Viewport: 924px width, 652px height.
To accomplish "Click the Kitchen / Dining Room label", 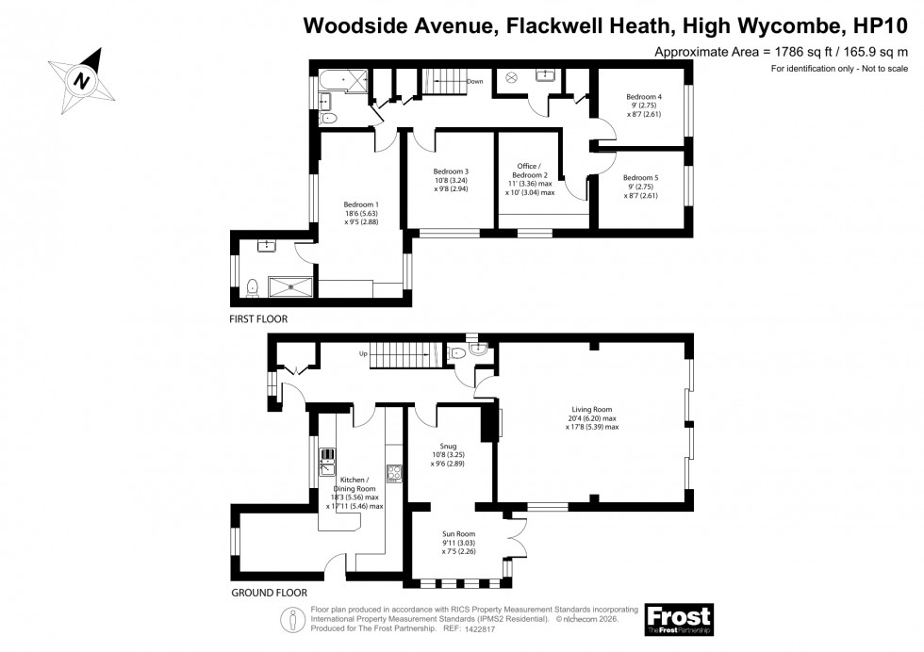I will pyautogui.click(x=355, y=494).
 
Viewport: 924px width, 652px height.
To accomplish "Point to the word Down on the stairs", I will pyautogui.click(x=474, y=82).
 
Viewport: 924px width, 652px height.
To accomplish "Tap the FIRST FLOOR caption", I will pyautogui.click(x=258, y=319).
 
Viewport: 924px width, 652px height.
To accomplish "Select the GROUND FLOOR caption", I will pyautogui.click(x=269, y=594).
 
